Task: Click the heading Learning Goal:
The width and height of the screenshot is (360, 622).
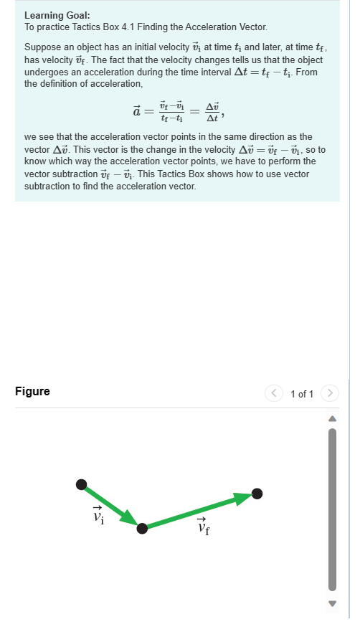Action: pyautogui.click(x=57, y=15)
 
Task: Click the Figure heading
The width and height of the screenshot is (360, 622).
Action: pyautogui.click(x=32, y=392)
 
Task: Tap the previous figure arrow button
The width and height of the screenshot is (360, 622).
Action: pyautogui.click(x=273, y=393)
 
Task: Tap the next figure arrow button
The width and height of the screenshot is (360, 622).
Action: pyautogui.click(x=329, y=393)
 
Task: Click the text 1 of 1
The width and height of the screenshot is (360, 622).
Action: pyautogui.click(x=302, y=394)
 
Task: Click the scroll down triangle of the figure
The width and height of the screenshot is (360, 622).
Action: pyautogui.click(x=331, y=603)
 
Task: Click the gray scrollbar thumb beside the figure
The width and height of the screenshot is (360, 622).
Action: pyautogui.click(x=331, y=509)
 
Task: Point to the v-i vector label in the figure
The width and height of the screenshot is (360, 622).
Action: pyautogui.click(x=98, y=514)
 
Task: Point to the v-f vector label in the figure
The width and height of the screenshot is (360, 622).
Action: pyautogui.click(x=203, y=527)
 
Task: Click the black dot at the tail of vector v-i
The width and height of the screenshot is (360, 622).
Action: pyautogui.click(x=81, y=485)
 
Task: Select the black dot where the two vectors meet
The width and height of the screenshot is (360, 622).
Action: pyautogui.click(x=142, y=528)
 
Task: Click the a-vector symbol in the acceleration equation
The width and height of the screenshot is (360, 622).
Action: pyautogui.click(x=137, y=111)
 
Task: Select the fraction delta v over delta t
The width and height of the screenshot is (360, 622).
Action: pyautogui.click(x=212, y=112)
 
